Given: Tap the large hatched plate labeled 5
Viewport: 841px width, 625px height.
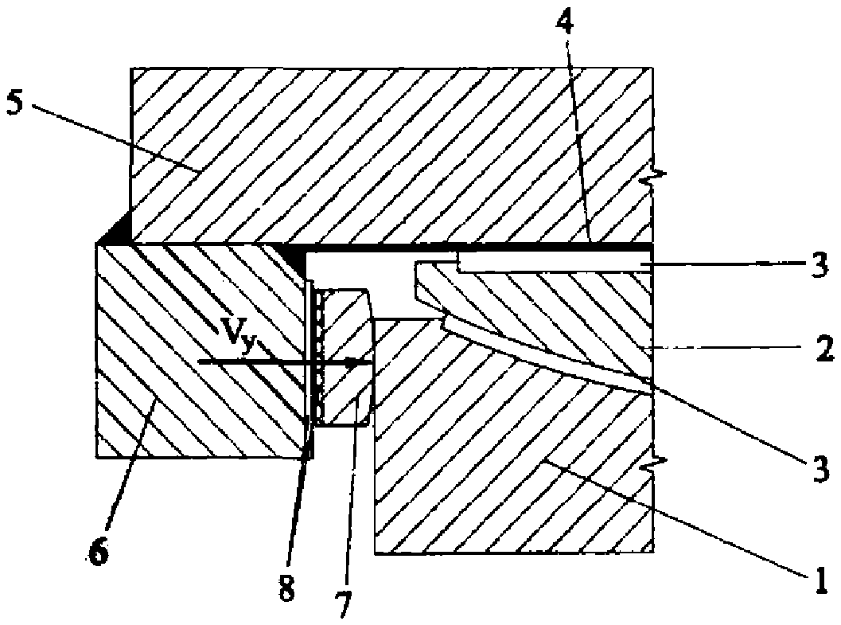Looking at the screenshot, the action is click(390, 151).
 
